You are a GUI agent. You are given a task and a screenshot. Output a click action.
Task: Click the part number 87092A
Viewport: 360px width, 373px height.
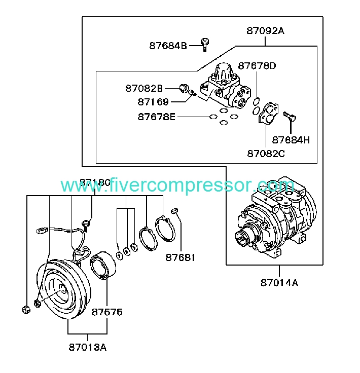click(265, 30)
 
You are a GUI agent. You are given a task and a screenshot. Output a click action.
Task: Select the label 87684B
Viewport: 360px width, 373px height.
click(168, 46)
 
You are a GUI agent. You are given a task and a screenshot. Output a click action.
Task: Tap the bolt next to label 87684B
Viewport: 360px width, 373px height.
click(204, 45)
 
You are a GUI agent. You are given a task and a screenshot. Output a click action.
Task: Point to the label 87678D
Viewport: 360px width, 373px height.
click(257, 66)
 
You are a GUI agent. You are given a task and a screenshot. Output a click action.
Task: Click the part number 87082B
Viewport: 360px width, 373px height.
click(144, 88)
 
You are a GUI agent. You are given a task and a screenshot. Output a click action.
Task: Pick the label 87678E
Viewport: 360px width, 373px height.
click(156, 117)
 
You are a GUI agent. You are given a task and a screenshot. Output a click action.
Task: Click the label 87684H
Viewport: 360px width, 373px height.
click(291, 140)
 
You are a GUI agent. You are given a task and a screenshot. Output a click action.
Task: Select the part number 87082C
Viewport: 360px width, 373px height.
click(266, 153)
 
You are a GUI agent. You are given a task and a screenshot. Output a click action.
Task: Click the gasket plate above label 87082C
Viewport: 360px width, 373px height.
click(266, 115)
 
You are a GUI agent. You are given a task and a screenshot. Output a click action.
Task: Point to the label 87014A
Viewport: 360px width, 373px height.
click(279, 282)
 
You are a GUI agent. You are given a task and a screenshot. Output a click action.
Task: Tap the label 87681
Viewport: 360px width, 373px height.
click(180, 258)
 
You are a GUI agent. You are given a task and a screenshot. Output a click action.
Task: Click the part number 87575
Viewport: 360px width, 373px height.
click(106, 312)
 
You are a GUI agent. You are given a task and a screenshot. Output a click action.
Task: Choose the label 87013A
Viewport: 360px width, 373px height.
click(88, 347)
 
